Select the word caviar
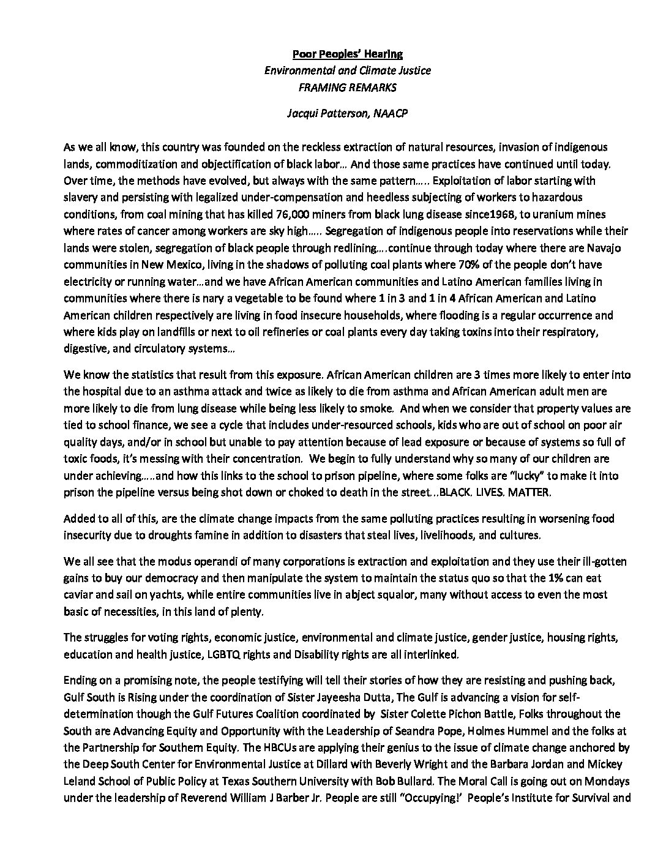click(78, 594)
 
